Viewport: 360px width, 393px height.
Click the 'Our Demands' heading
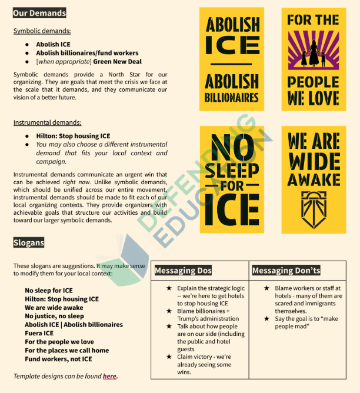tap(39, 13)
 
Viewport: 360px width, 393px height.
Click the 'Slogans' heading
tap(29, 242)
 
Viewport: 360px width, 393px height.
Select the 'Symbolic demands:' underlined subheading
tap(42, 31)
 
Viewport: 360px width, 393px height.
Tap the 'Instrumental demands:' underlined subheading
tap(48, 123)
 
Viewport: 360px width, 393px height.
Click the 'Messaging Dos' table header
tap(182, 271)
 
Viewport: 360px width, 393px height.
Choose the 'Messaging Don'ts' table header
tap(286, 271)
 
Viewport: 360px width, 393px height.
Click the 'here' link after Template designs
tap(109, 376)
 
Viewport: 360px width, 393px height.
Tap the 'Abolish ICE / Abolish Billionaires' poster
tap(232, 59)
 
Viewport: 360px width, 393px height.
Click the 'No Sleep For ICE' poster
tap(232, 179)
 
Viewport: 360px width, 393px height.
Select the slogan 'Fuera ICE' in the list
tap(40, 333)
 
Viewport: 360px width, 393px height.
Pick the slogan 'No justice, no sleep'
tap(54, 316)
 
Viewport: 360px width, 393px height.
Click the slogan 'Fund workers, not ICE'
tap(58, 359)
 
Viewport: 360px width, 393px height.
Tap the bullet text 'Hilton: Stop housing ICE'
tap(73, 136)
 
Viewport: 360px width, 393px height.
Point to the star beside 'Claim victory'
tap(169, 357)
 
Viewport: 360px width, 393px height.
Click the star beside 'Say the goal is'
tap(266, 318)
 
